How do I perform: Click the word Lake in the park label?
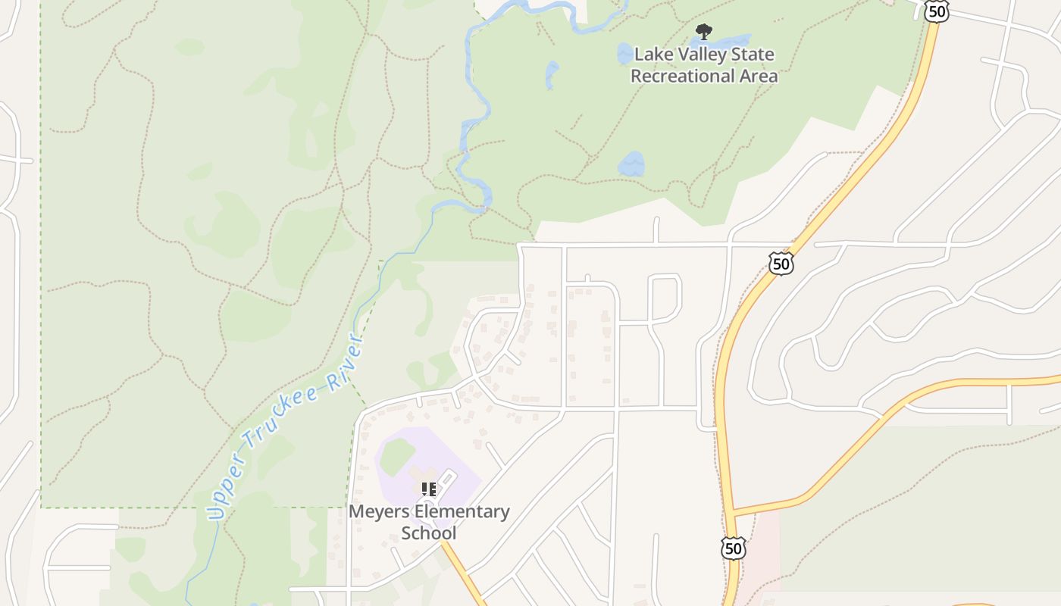click(650, 55)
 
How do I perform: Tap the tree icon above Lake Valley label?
click(703, 32)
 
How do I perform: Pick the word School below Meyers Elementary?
click(429, 533)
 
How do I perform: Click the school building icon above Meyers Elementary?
click(429, 489)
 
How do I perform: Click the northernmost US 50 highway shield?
click(937, 11)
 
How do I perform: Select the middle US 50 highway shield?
click(781, 263)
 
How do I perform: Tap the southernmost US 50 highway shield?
click(733, 548)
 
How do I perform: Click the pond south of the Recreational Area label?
click(631, 164)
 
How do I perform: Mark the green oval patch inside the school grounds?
click(397, 457)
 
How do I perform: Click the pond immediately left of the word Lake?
click(624, 54)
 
